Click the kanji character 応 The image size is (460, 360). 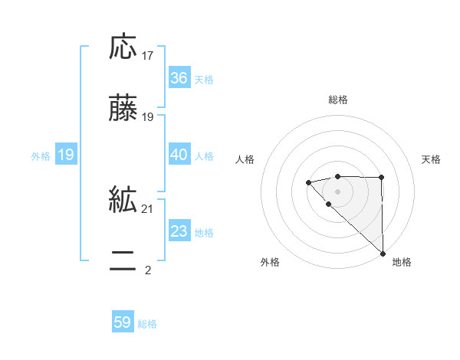click(x=123, y=47)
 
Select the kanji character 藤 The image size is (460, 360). click(x=123, y=109)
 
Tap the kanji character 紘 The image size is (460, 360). click(x=123, y=201)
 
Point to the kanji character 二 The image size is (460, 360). click(x=123, y=262)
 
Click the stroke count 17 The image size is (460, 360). click(x=148, y=56)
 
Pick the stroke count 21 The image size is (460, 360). click(x=148, y=209)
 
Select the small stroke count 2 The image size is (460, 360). click(x=148, y=270)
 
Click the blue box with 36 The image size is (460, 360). click(x=179, y=78)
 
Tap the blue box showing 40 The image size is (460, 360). click(x=179, y=155)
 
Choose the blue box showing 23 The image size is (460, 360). click(x=179, y=231)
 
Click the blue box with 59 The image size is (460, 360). click(x=123, y=323)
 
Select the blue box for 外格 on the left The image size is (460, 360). click(x=65, y=155)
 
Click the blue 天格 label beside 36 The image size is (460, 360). click(x=204, y=79)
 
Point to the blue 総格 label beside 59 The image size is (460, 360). click(x=147, y=324)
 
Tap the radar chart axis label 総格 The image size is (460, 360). click(x=337, y=100)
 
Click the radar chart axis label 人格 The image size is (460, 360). click(x=245, y=159)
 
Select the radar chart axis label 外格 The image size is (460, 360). click(x=270, y=262)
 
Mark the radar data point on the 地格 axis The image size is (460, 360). click(x=382, y=252)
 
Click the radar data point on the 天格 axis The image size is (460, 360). click(x=381, y=178)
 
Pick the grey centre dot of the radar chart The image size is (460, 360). click(x=337, y=191)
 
